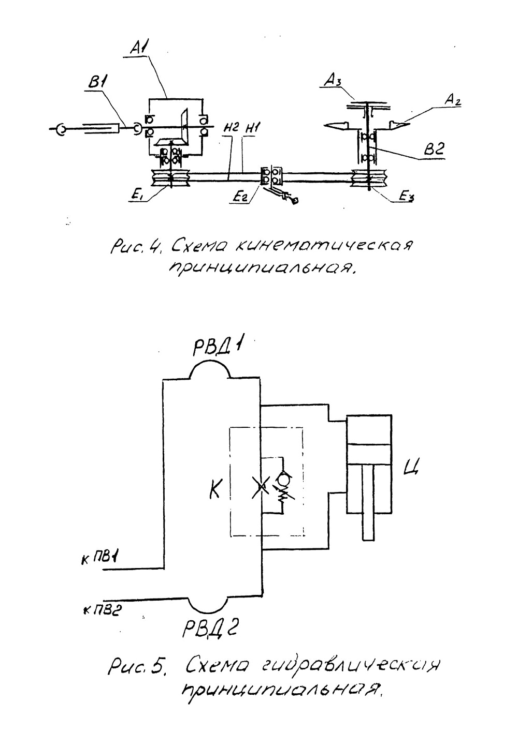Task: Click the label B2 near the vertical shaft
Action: tap(434, 149)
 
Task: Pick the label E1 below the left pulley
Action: tap(137, 198)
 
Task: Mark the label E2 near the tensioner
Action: tap(240, 198)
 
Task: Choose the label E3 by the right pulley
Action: tap(406, 197)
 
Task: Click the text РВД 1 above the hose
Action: tap(217, 349)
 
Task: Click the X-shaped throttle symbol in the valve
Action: tap(261, 487)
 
